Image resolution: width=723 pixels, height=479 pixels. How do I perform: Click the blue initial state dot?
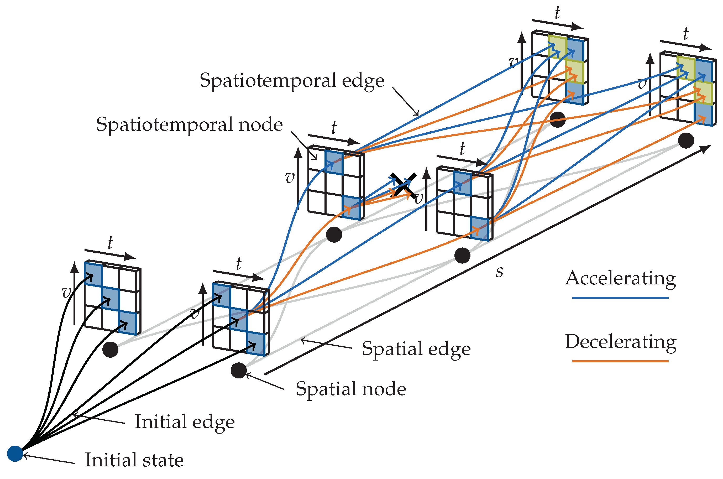pyautogui.click(x=15, y=453)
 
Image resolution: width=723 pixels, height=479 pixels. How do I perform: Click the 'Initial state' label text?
pyautogui.click(x=134, y=460)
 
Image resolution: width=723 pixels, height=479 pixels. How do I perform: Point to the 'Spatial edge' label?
pyautogui.click(x=416, y=348)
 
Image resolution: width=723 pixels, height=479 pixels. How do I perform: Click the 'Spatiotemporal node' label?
pyautogui.click(x=189, y=125)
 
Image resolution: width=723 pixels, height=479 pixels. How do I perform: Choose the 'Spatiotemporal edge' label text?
pyautogui.click(x=292, y=80)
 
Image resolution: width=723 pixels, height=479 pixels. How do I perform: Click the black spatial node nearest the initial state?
pyautogui.click(x=110, y=350)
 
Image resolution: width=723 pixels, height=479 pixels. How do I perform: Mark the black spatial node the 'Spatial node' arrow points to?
pyautogui.click(x=238, y=371)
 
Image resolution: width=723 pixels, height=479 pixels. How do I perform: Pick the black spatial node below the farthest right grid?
pyautogui.click(x=686, y=140)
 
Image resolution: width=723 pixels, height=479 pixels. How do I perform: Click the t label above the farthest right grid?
pyautogui.click(x=686, y=34)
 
